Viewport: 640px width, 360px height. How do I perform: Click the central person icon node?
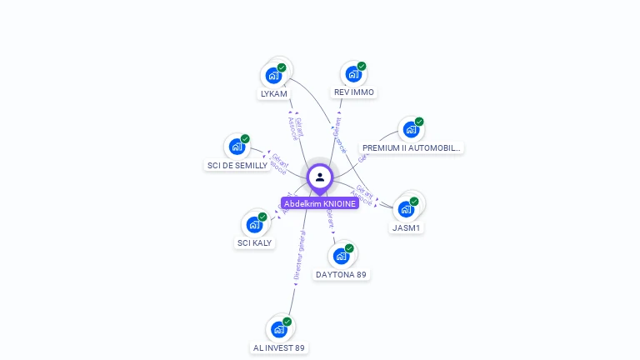pos(320,177)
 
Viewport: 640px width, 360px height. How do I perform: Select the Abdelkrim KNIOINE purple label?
pos(320,203)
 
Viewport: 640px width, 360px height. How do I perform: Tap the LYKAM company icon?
pos(273,75)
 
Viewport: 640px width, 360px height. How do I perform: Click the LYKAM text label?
pos(274,94)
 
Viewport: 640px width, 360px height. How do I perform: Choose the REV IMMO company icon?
pos(353,73)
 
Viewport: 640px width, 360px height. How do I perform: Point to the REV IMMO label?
pos(353,92)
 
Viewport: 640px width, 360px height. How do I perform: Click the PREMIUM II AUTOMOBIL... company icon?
pos(410,129)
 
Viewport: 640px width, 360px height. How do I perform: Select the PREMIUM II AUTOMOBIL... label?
pos(412,148)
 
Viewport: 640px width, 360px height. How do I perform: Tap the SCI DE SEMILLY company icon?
pos(237,147)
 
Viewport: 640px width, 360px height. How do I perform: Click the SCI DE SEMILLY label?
pos(237,166)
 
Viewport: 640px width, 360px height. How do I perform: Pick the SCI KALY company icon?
pos(254,224)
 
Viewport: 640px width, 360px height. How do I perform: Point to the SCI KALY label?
pos(254,243)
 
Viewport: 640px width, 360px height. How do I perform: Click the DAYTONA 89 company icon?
pos(341,256)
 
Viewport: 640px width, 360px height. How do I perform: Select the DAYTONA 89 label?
pos(341,275)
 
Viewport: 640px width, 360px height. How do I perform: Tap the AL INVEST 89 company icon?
pos(279,329)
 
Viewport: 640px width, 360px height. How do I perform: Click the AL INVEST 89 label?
pos(278,348)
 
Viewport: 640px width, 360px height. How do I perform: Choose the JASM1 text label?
pos(407,227)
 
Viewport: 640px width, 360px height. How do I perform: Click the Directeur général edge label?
pos(301,254)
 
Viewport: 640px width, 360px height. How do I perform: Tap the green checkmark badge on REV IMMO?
pos(362,66)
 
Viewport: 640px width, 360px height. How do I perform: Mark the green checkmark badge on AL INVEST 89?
pos(287,322)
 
